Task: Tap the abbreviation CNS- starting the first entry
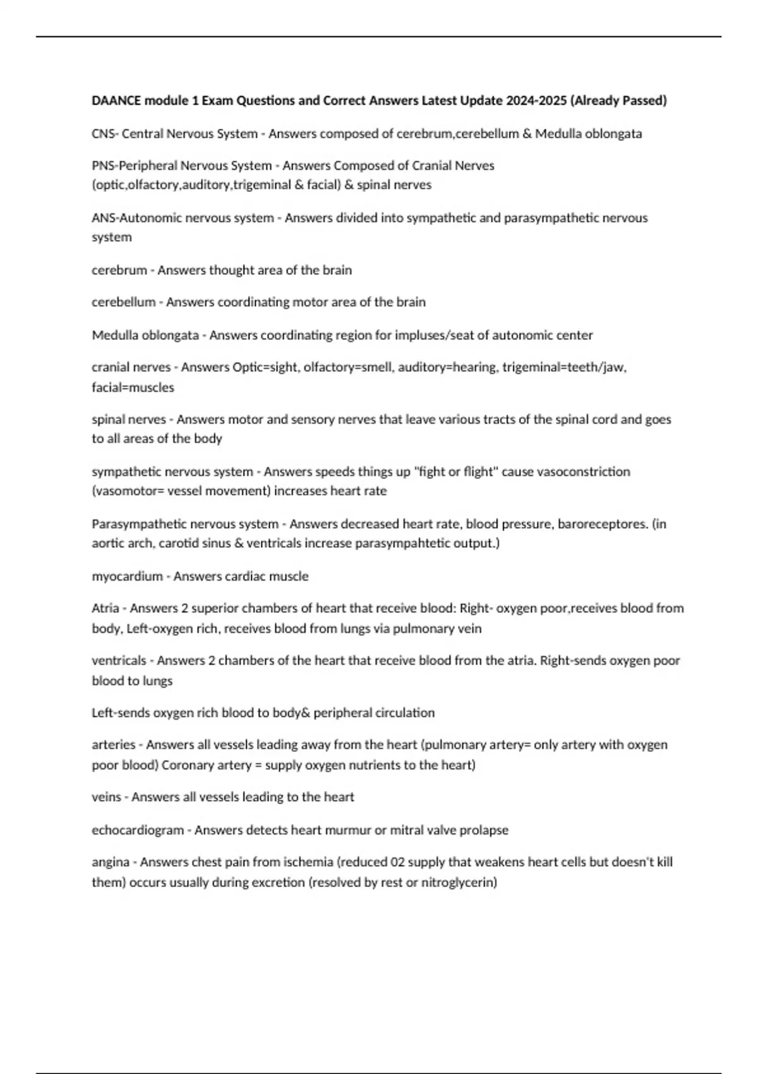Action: tap(105, 134)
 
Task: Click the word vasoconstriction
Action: tap(583, 472)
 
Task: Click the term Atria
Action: tap(105, 608)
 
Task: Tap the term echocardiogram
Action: tap(138, 830)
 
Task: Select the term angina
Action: tap(111, 862)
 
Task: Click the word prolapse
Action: tap(484, 830)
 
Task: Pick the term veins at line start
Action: tap(106, 797)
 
